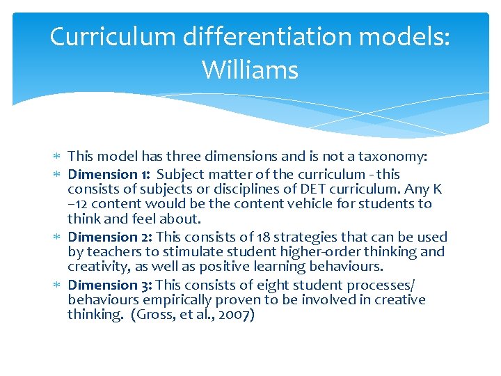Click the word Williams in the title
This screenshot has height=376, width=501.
click(250, 70)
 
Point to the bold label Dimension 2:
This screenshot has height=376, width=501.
click(104, 237)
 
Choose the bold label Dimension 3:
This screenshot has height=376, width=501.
click(104, 285)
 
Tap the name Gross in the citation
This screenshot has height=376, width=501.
click(151, 315)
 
